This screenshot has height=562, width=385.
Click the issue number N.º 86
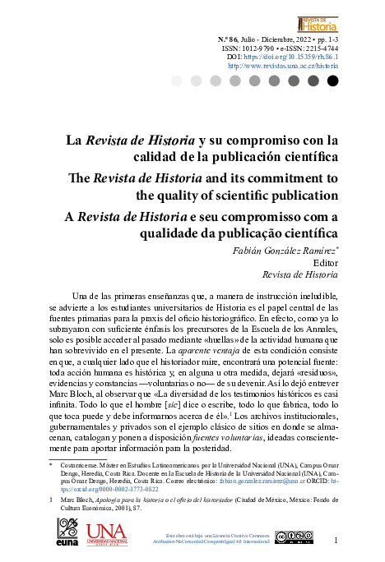230,39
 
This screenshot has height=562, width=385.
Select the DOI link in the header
291,57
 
